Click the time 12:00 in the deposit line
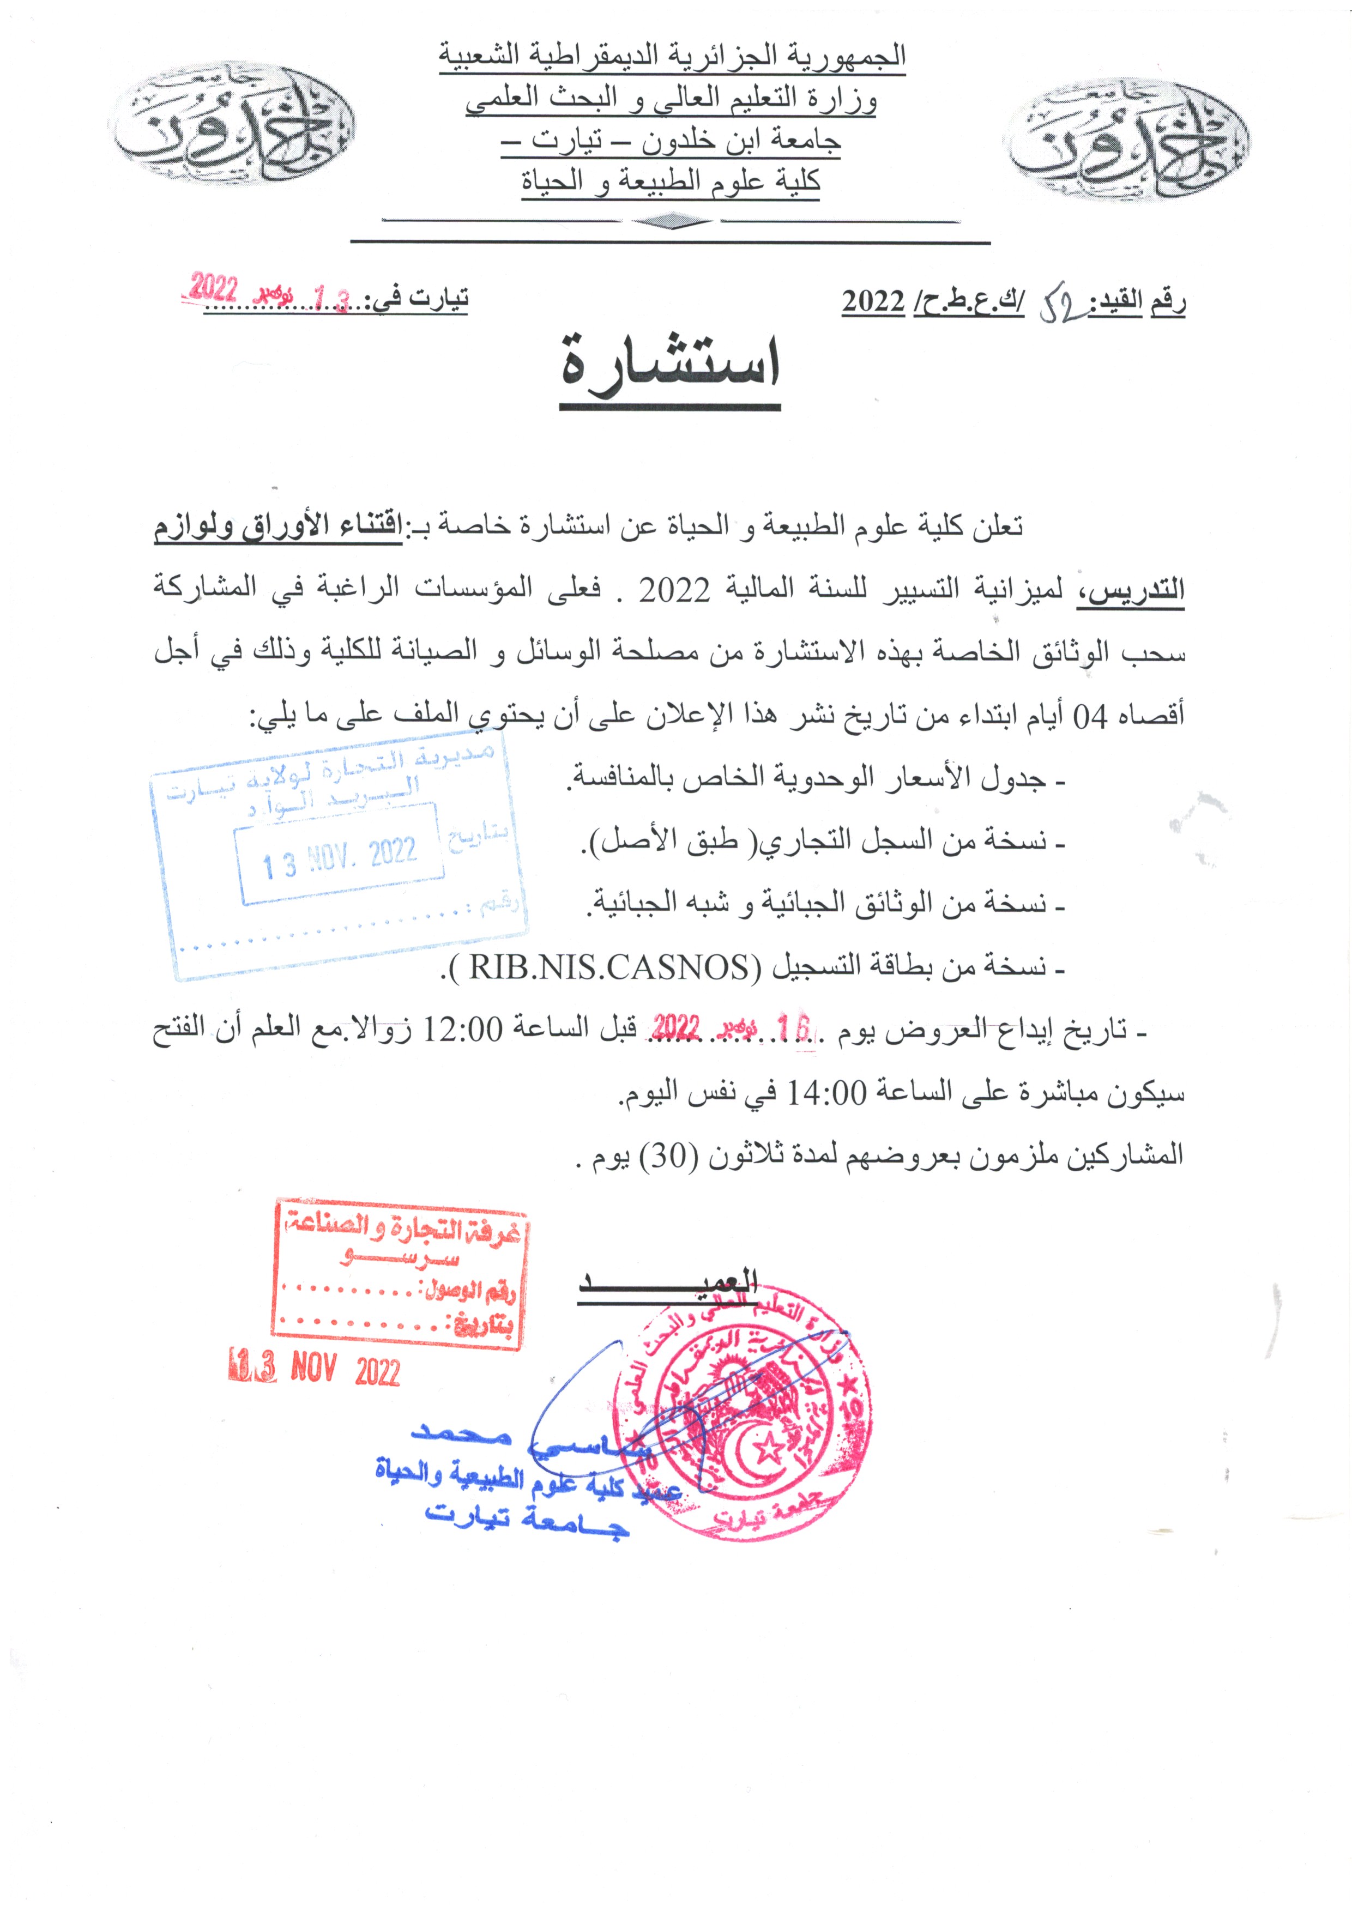[464, 1030]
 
